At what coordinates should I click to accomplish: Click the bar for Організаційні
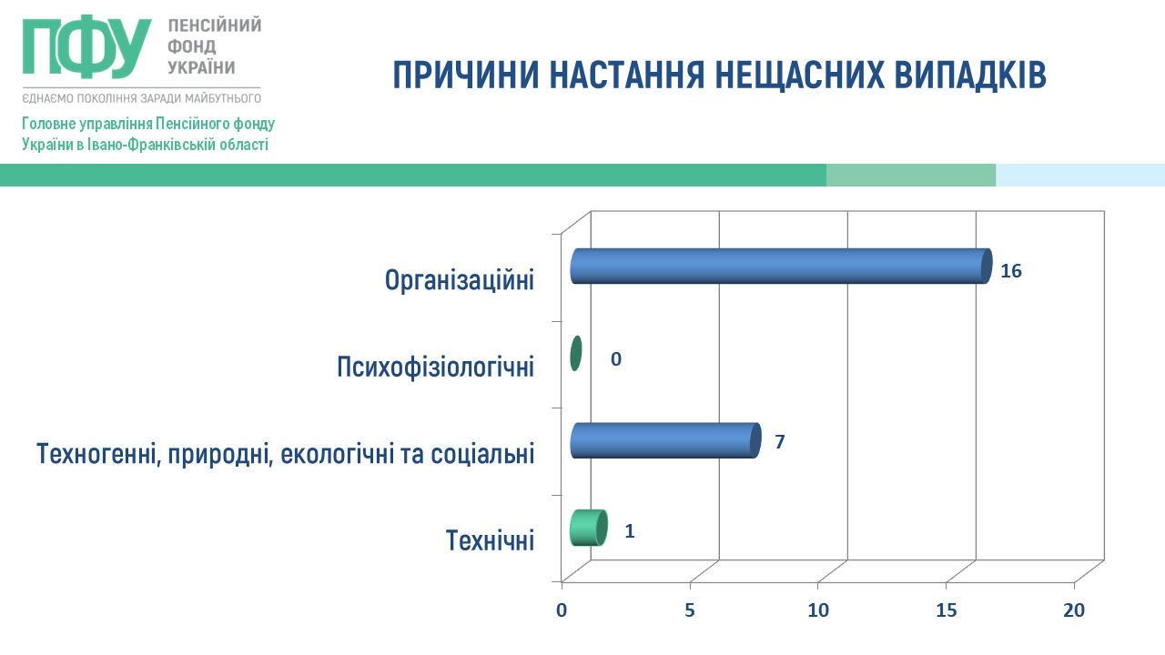781,267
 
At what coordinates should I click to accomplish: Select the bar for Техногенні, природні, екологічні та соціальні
665,440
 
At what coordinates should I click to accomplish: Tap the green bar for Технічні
589,528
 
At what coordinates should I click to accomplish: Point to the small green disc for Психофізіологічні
575,354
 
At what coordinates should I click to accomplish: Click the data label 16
1011,271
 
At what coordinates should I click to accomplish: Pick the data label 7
780,442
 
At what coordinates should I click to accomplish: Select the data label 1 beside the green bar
629,530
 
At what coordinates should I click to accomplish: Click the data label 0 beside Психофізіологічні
616,359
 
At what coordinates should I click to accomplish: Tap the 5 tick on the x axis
690,610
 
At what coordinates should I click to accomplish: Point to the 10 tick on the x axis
818,610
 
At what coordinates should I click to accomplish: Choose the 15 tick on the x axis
946,610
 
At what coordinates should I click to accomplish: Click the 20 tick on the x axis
1074,610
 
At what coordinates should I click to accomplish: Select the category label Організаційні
460,281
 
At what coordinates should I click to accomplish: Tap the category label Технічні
490,540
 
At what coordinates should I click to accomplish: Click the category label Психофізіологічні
435,367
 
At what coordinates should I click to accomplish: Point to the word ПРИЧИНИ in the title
466,75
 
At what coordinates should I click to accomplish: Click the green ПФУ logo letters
86,47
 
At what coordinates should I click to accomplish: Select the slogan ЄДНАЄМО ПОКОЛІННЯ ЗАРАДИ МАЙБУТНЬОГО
141,98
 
